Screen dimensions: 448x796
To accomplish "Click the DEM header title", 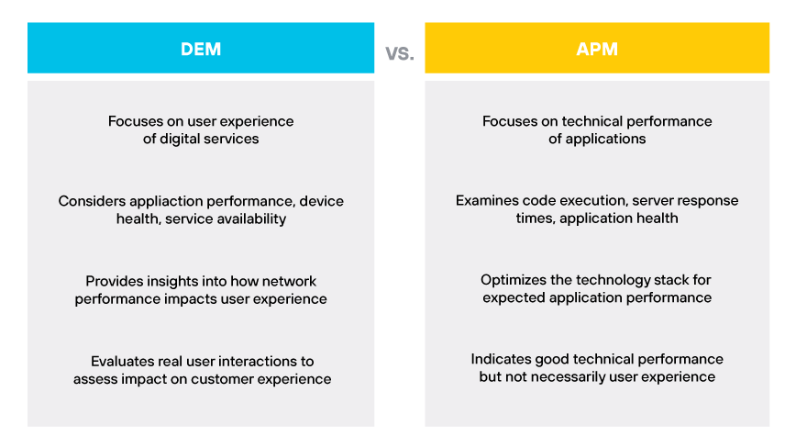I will tap(201, 49).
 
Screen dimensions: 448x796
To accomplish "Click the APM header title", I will tap(597, 49).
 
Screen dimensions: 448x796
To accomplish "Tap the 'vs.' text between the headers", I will tap(400, 52).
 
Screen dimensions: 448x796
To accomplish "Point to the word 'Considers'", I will tap(90, 201).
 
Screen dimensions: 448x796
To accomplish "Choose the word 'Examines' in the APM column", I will tap(486, 201).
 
